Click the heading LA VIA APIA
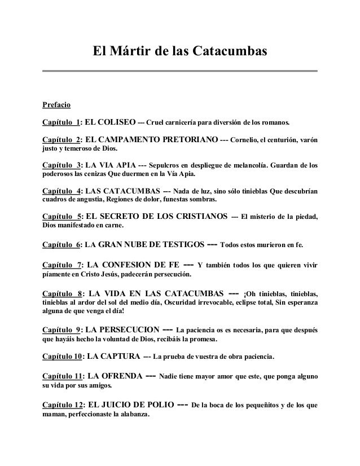point(110,165)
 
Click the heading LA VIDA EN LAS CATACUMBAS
point(156,293)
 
